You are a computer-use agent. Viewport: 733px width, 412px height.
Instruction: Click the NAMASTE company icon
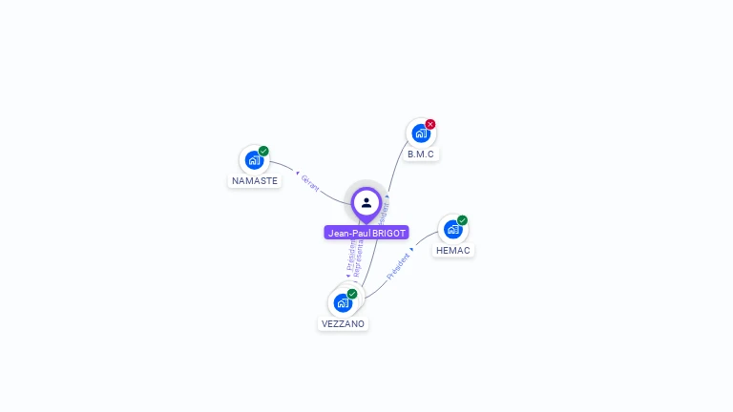[254, 159]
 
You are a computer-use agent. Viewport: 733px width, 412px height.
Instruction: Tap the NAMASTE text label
[255, 180]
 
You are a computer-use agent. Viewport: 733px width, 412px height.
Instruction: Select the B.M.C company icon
[421, 134]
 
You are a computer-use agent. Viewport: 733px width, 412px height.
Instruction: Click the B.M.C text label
[421, 154]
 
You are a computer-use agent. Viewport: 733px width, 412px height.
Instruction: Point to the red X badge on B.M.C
[430, 124]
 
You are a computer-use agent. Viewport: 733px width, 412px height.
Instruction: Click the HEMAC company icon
[452, 229]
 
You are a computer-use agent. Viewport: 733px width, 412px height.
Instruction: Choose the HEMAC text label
[452, 250]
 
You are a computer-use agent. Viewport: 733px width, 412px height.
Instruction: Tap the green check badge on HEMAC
[462, 220]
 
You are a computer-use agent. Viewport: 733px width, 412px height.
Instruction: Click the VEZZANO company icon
[343, 302]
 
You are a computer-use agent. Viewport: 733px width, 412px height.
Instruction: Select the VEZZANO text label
[343, 323]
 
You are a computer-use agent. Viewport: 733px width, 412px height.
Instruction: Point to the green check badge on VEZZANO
[352, 294]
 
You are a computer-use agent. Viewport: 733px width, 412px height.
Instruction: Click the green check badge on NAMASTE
[263, 151]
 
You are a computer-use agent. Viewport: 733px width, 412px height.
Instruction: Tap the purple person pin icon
[366, 203]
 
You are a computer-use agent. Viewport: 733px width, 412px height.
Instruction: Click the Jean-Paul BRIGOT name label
[366, 233]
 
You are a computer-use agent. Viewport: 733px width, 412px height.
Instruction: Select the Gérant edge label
[310, 183]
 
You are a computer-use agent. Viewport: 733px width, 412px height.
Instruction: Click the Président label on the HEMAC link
[398, 264]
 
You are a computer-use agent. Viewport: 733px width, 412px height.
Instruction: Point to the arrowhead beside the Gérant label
[297, 173]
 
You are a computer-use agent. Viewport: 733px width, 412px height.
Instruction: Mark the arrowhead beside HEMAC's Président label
[411, 250]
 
